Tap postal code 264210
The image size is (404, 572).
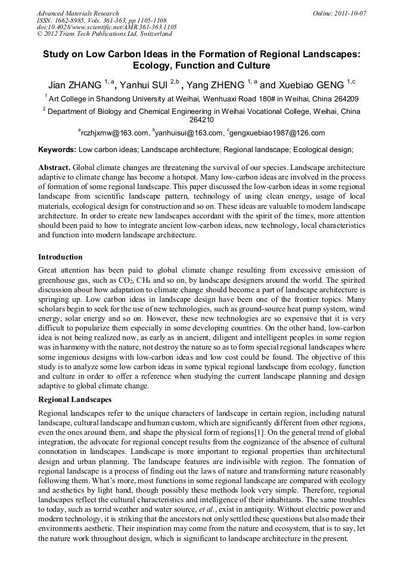(201, 119)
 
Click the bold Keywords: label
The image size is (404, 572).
(57, 150)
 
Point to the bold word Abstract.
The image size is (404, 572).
(55, 168)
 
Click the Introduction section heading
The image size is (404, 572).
(60, 257)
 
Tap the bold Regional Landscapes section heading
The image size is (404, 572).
(74, 399)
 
